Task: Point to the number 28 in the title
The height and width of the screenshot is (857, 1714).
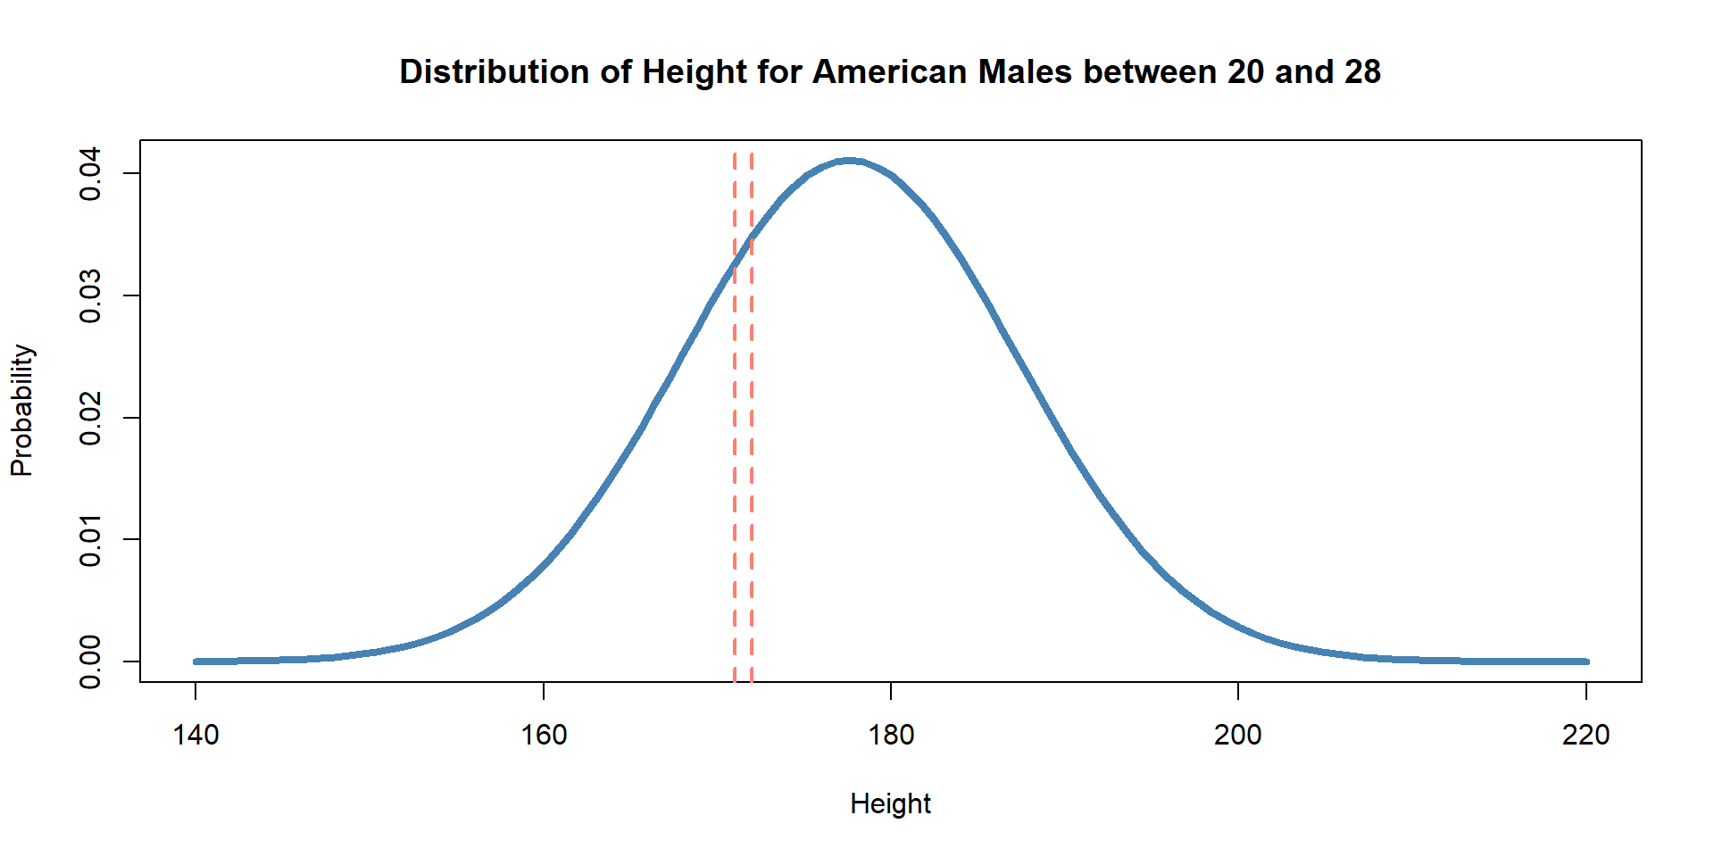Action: [x=1362, y=71]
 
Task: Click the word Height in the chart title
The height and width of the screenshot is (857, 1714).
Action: [x=694, y=71]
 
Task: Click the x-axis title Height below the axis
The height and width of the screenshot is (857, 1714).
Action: [x=890, y=803]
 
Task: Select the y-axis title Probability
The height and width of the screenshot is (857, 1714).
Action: [x=21, y=411]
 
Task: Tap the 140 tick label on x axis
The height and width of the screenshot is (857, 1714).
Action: [x=196, y=735]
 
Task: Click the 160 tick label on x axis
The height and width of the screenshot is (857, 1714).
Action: [x=544, y=735]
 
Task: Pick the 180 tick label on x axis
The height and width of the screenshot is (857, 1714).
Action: [x=891, y=735]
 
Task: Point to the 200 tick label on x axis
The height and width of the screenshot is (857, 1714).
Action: [x=1238, y=735]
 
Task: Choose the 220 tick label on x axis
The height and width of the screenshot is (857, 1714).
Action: [x=1586, y=735]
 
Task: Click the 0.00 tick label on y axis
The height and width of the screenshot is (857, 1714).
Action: [x=90, y=661]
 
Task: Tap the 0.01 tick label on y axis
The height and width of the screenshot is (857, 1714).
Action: [x=90, y=539]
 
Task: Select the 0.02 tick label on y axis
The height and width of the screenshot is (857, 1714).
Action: [x=90, y=418]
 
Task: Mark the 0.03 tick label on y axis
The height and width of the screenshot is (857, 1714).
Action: [x=90, y=295]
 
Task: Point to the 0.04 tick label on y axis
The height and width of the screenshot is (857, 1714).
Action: [x=90, y=174]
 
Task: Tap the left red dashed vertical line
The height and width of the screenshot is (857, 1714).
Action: [x=735, y=446]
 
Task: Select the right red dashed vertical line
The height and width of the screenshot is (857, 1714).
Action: [x=752, y=446]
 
